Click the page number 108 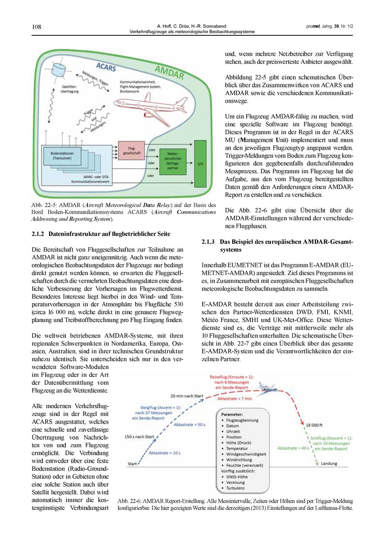click(36, 27)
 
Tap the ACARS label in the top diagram click(106, 67)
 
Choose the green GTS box click(200, 164)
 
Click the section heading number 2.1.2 click(38, 234)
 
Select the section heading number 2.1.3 click(208, 242)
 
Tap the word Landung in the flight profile click(329, 464)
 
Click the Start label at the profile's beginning click(132, 464)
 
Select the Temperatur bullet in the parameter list click(237, 448)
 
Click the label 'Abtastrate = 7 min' click(234, 399)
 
